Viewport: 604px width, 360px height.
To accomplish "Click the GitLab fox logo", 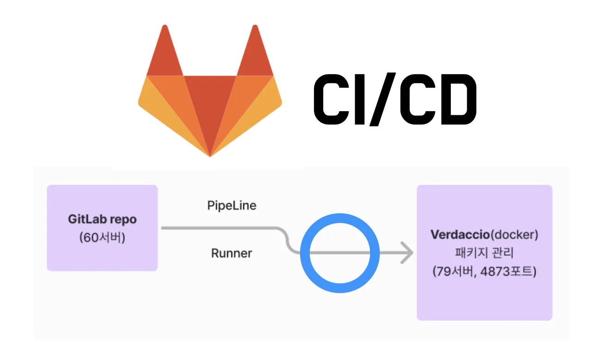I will point(210,93).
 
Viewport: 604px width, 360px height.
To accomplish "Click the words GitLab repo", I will point(102,219).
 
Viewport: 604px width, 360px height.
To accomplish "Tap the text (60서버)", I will point(102,238).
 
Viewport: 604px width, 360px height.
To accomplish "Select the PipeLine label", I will point(232,205).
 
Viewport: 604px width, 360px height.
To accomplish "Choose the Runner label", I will point(232,254).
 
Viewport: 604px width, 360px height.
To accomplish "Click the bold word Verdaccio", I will point(459,235).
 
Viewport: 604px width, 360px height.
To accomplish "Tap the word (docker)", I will point(514,235).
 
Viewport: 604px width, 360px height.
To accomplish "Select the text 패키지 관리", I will point(484,253).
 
